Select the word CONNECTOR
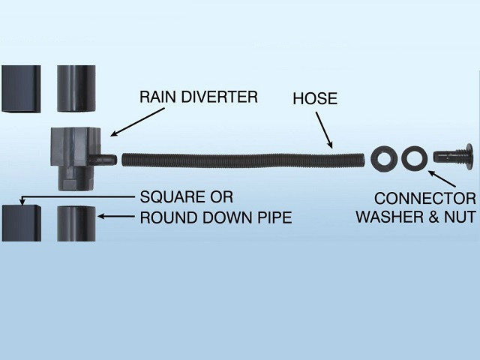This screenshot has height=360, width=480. (x=424, y=199)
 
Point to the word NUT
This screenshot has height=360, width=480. (x=460, y=217)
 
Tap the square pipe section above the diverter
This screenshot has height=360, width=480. (x=21, y=88)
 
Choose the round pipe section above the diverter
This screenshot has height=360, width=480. (x=76, y=88)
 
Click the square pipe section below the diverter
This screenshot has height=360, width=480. (x=21, y=222)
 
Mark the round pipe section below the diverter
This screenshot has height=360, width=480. (x=76, y=223)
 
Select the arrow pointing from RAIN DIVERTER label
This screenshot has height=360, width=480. (x=138, y=121)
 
